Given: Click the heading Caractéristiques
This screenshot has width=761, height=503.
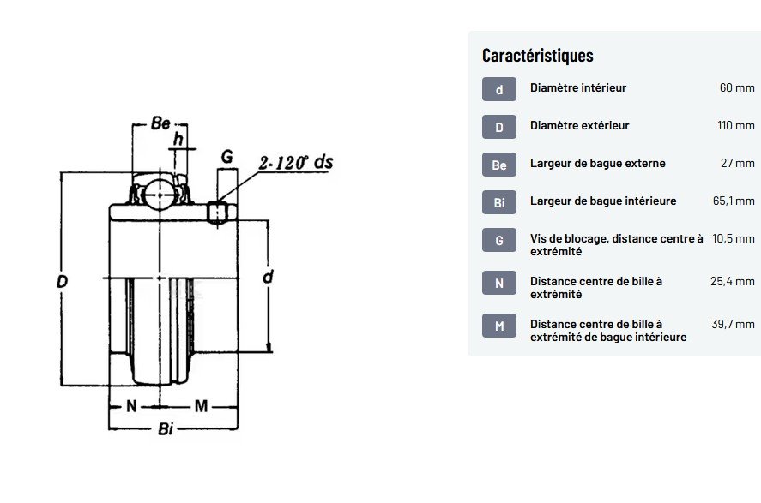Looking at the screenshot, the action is (x=537, y=55).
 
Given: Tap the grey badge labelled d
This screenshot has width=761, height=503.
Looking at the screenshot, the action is (x=499, y=89).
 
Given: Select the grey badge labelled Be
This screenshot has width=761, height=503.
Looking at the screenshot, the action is (x=499, y=165).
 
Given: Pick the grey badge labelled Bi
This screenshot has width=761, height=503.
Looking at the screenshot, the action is (x=499, y=202).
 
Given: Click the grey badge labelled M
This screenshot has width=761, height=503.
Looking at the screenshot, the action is (x=499, y=326).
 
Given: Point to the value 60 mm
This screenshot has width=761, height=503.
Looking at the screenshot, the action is (x=737, y=87).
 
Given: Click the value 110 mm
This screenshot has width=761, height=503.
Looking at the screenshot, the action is (x=736, y=125).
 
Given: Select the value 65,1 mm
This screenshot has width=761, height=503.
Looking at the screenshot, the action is (x=734, y=201).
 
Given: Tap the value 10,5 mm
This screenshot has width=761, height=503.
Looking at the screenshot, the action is (x=734, y=238).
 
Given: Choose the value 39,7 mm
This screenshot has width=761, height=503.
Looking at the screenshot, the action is (x=733, y=324).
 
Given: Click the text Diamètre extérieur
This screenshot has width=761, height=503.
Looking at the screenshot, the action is (x=579, y=125).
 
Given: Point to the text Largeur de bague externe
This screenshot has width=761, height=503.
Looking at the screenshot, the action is (x=597, y=164).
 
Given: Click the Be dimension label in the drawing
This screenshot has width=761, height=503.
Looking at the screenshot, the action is (x=160, y=123).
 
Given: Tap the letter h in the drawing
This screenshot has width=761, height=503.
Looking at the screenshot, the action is (x=178, y=139).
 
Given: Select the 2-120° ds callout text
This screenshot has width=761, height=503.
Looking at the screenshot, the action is (x=296, y=162).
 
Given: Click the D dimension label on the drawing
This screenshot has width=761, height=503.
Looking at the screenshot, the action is (x=62, y=281).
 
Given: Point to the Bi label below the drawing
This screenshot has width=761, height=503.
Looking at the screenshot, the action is (x=166, y=428).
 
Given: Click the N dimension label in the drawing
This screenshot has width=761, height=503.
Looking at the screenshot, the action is (x=131, y=405).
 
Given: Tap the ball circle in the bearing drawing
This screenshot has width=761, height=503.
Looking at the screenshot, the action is (x=160, y=195).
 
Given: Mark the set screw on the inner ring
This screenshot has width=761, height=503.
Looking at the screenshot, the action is (x=217, y=213).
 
